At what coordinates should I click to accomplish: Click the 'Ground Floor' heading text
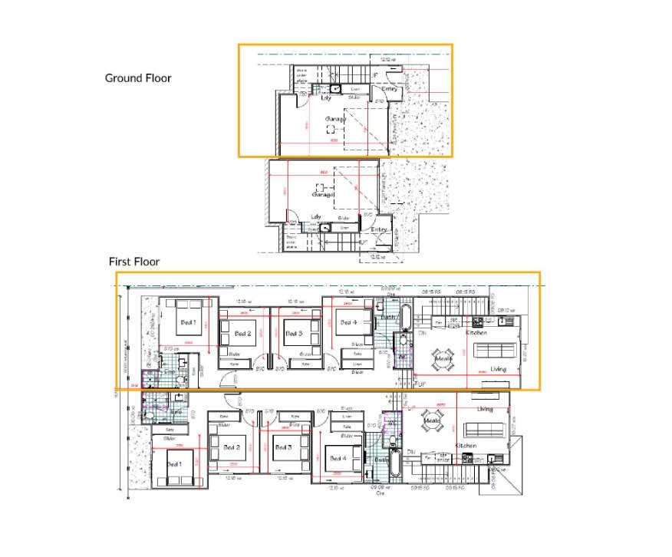138,77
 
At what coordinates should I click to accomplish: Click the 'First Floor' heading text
133,262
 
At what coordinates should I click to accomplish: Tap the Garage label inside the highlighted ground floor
334,119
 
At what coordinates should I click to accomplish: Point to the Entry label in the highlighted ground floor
390,90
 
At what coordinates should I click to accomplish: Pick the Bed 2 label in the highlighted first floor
242,334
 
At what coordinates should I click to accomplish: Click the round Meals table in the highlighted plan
443,357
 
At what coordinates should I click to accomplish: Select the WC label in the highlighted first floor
401,357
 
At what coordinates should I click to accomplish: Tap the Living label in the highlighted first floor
499,369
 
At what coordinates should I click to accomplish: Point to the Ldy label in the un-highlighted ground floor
315,217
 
